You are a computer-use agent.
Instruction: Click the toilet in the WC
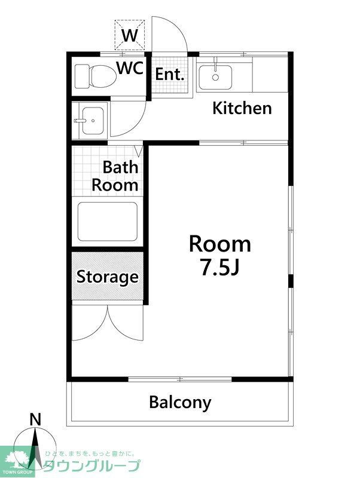point(96,76)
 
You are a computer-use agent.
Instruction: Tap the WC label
point(130,68)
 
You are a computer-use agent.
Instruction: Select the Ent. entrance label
point(170,74)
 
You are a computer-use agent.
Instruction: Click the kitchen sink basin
point(215,77)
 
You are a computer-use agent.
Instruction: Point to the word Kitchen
point(242,108)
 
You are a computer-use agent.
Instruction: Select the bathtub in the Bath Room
point(108,222)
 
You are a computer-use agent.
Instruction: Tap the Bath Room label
point(115,176)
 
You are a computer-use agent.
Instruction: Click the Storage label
point(108,277)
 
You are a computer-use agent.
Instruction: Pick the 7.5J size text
point(219,267)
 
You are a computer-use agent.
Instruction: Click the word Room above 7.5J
point(220,244)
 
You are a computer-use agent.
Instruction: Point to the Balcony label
point(180,402)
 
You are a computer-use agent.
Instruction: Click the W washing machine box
point(130,35)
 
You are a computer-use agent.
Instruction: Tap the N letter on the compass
point(35,420)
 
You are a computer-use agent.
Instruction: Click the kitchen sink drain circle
point(215,78)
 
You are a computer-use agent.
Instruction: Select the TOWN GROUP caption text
point(17,472)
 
